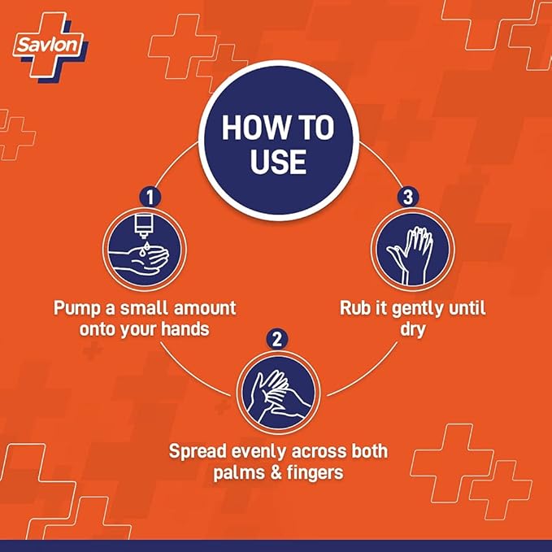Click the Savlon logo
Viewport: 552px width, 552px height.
tap(50, 46)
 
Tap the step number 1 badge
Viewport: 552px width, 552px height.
tap(150, 197)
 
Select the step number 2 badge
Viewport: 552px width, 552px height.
tap(277, 340)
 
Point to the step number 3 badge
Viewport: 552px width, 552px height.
tap(407, 197)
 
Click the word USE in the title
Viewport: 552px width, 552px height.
tap(278, 162)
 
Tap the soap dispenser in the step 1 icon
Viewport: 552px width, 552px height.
tap(144, 226)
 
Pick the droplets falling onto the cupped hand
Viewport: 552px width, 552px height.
tap(145, 248)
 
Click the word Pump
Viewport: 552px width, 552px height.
tap(76, 309)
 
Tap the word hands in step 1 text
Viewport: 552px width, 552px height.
tap(185, 329)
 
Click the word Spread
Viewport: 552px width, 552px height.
tap(198, 452)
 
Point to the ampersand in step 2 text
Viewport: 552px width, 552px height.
tap(276, 472)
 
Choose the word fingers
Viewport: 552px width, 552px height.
tap(315, 473)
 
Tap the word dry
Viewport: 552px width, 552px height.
tap(413, 330)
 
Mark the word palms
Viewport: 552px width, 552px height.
tap(239, 473)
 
